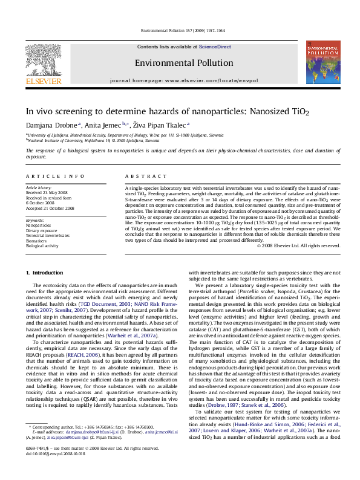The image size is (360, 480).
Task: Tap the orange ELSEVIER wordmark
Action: (43, 81)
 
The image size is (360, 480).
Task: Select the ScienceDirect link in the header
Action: (215, 47)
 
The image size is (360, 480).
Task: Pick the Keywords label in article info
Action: (35, 221)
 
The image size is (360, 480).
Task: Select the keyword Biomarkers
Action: (38, 241)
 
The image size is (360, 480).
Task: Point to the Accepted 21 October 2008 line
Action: (50, 208)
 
